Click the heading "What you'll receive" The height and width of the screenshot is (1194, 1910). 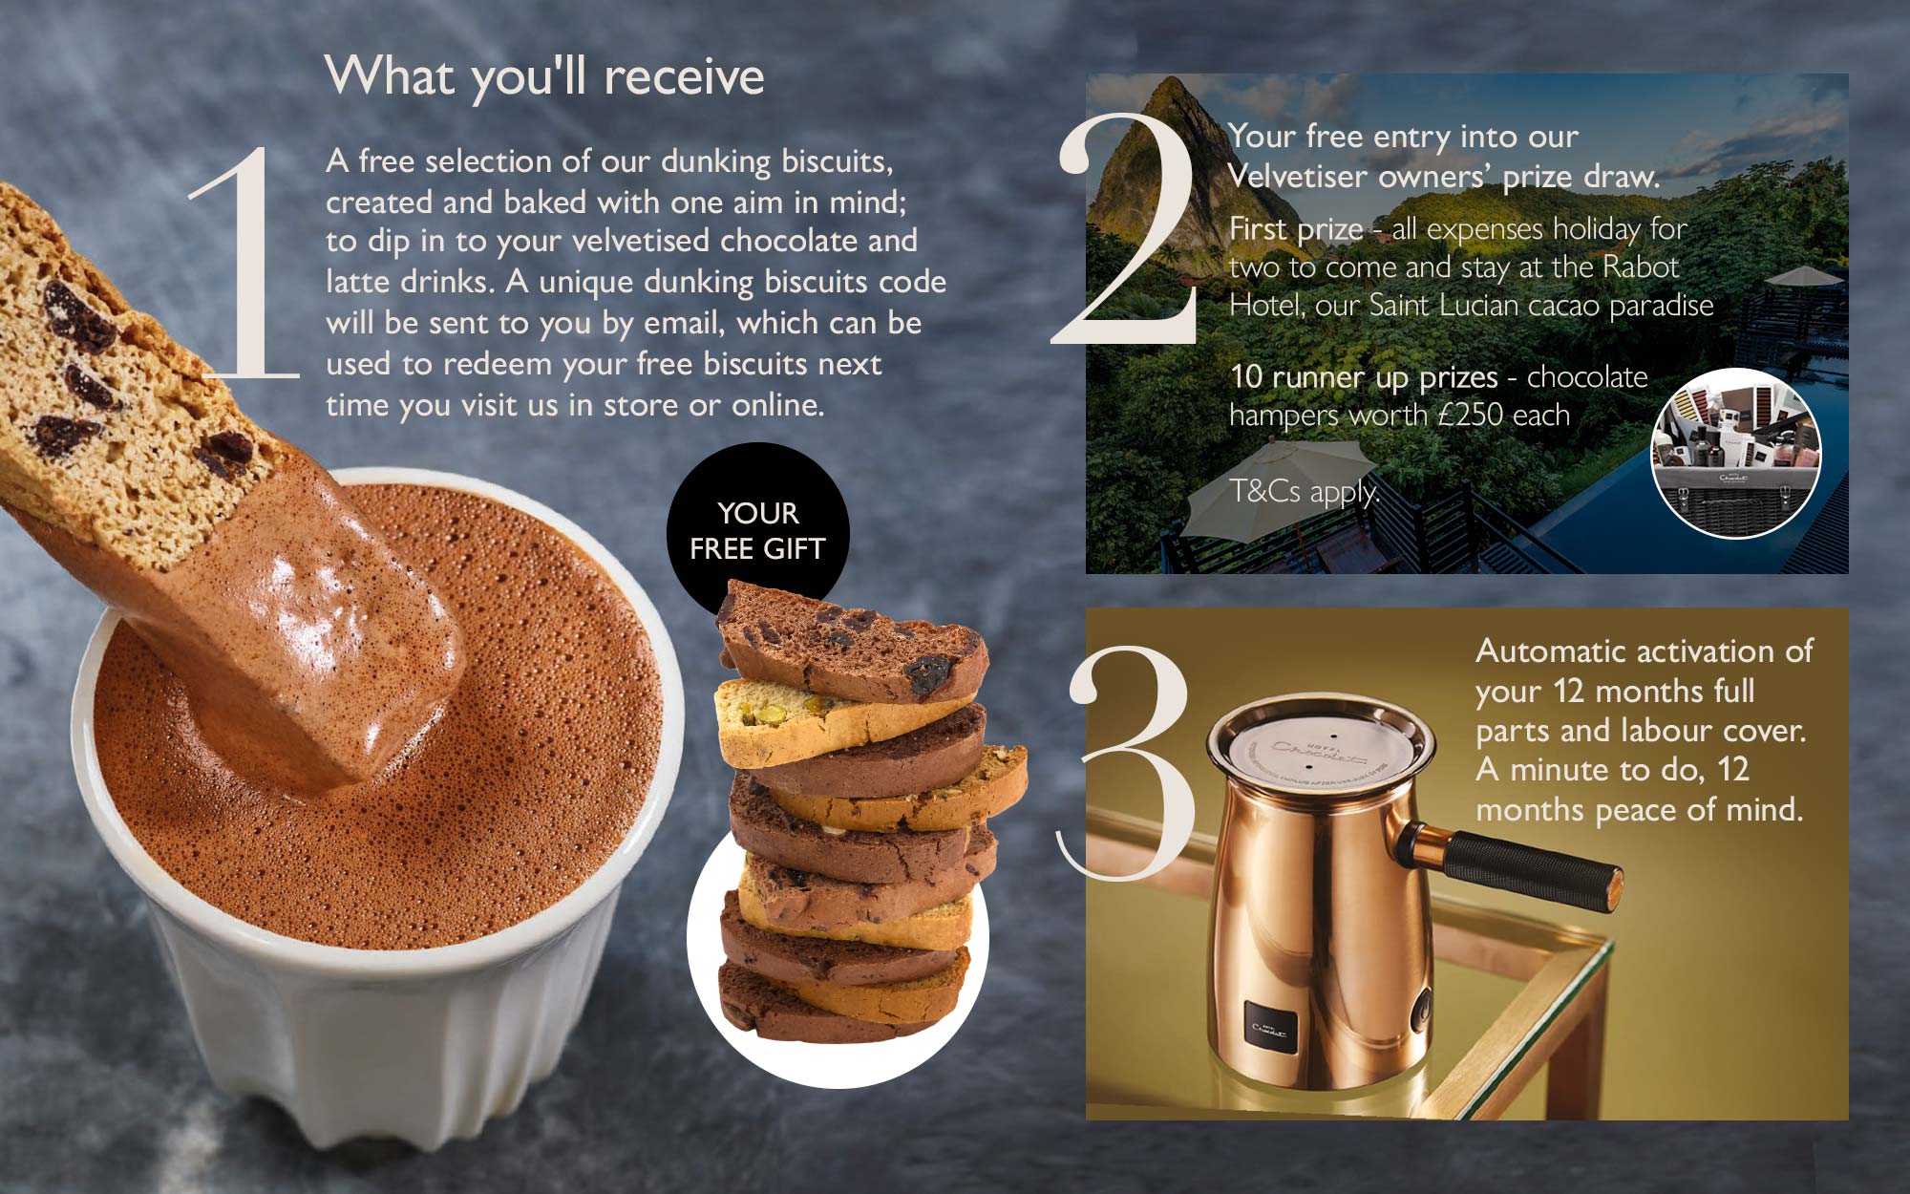[544, 76]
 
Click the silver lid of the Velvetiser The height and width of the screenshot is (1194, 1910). [1321, 750]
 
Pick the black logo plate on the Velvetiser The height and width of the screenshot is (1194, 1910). [1270, 1026]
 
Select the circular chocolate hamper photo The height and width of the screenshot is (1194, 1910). [1736, 453]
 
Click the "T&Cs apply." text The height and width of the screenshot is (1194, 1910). [1305, 492]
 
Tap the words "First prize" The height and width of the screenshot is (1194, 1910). [1296, 229]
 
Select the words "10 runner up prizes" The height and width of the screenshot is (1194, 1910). [1364, 377]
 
